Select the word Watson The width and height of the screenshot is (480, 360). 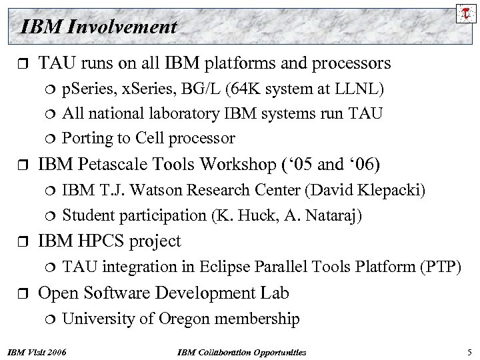(x=148, y=191)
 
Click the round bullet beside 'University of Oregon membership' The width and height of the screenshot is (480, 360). (x=49, y=319)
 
